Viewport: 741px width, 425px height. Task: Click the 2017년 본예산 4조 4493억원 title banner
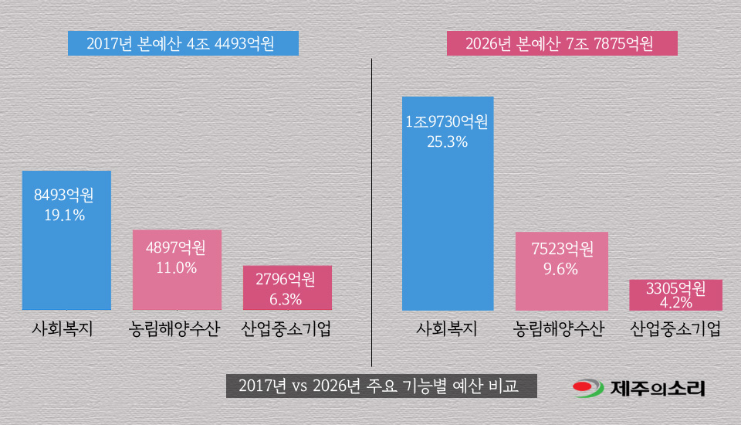(182, 43)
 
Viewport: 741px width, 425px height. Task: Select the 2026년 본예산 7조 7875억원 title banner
(562, 43)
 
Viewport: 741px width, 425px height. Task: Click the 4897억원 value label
(176, 248)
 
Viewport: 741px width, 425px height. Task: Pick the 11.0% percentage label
(176, 268)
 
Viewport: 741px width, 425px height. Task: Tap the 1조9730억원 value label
(448, 121)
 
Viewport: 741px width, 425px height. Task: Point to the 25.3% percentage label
(448, 141)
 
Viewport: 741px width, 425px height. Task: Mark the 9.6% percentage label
(561, 269)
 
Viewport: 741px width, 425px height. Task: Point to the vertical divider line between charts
(371, 209)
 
